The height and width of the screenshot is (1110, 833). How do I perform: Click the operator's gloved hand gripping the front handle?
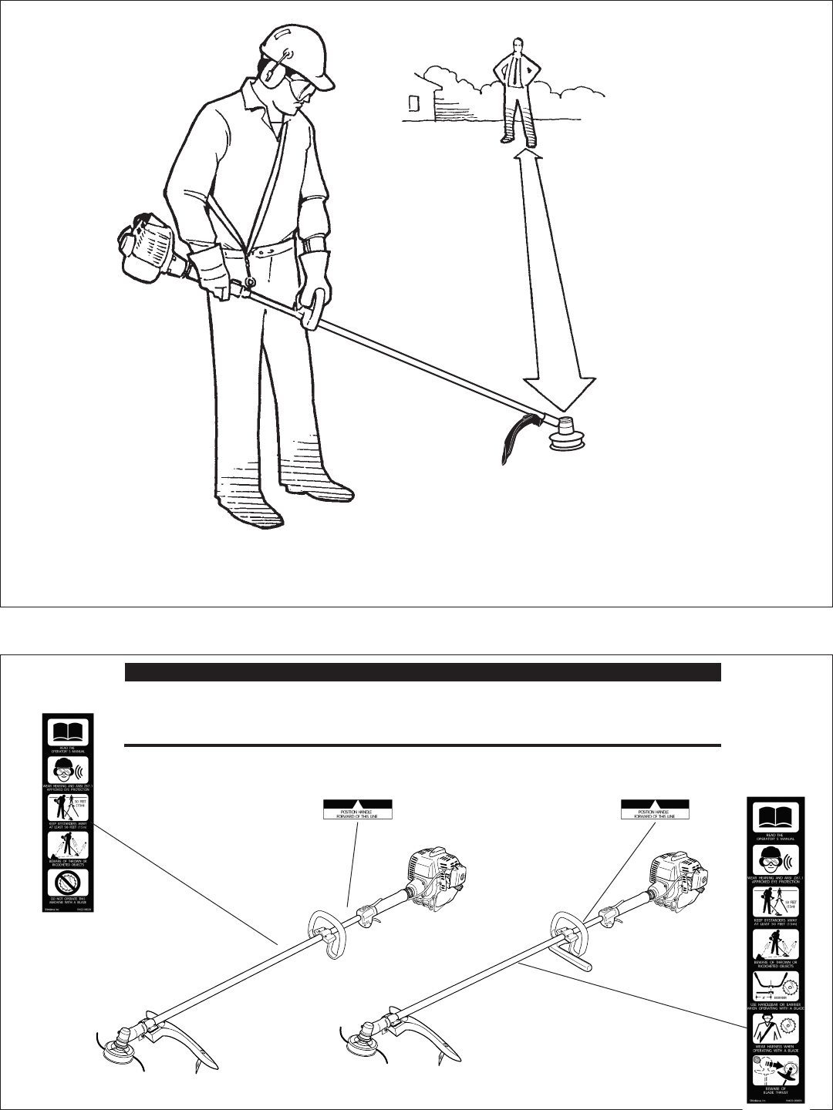[x=316, y=293]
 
